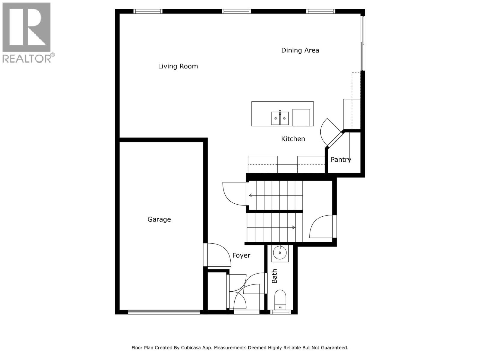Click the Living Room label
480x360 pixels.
coord(178,66)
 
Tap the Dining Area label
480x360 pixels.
coord(300,50)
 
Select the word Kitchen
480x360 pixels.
coord(293,139)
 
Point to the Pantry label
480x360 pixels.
coord(341,160)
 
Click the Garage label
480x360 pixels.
coord(159,219)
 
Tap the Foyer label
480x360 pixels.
coord(241,255)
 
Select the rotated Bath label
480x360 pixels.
coord(274,276)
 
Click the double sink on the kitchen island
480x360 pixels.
coord(280,118)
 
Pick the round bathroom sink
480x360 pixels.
coord(280,253)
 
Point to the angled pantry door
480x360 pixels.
coord(334,139)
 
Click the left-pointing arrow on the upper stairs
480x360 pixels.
coord(250,196)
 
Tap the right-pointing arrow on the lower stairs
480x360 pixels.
coord(294,228)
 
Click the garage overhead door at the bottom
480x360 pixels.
coord(164,312)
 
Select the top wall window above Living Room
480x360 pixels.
coord(148,11)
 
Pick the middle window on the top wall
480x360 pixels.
coord(236,11)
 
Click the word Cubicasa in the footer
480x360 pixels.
coord(193,348)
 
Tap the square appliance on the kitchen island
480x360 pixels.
coord(301,118)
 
